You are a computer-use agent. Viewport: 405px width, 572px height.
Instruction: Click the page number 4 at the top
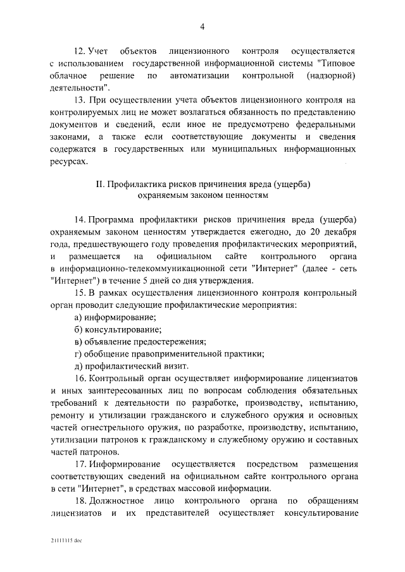click(x=202, y=26)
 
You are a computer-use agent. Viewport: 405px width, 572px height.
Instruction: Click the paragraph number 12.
click(x=80, y=49)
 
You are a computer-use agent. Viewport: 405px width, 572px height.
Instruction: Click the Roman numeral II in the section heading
click(x=99, y=183)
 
